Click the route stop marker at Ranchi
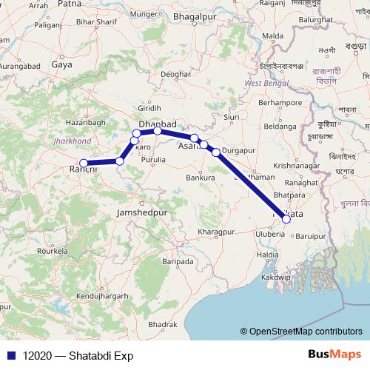click(x=84, y=163)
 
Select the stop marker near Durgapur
click(x=216, y=152)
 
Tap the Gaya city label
click(x=61, y=64)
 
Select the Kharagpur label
click(x=220, y=232)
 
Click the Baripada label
click(x=178, y=261)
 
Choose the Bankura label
click(x=200, y=178)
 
